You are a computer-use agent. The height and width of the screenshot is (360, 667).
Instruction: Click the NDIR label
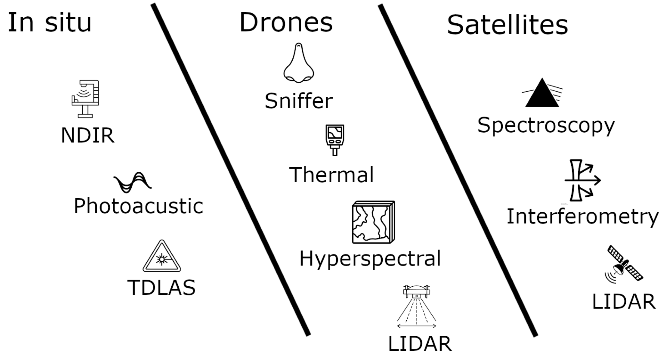[x=87, y=135]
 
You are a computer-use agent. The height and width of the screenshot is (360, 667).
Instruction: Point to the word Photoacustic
[x=138, y=206]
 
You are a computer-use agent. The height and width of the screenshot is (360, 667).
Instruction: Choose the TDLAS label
[x=161, y=287]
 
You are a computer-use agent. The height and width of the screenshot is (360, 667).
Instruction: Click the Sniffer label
[x=299, y=101]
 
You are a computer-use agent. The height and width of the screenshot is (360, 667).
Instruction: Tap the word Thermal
[x=331, y=175]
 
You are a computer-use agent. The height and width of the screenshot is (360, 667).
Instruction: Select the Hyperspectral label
[x=370, y=259]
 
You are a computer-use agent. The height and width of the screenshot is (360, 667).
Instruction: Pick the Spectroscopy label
[x=546, y=126]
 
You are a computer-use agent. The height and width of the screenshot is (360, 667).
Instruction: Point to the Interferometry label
[x=582, y=217]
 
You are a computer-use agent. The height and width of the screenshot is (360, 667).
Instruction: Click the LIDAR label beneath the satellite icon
[x=624, y=302]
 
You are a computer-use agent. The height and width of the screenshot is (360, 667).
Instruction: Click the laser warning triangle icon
[x=162, y=257]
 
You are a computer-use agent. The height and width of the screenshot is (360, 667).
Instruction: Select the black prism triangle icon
[x=542, y=93]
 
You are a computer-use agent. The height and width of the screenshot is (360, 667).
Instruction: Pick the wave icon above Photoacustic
[x=133, y=182]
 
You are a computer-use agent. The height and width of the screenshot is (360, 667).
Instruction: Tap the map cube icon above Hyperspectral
[x=373, y=222]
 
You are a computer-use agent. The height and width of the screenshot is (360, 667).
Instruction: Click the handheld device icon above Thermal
[x=335, y=140]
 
